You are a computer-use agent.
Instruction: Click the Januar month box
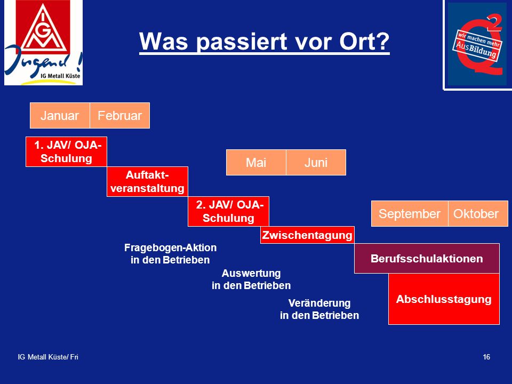pos(60,116)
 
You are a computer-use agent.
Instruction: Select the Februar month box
pos(120,116)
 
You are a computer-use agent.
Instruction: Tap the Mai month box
pos(256,162)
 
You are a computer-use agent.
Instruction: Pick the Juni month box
pos(316,162)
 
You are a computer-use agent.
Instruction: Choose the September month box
pos(410,213)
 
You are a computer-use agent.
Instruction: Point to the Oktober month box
pos(478,213)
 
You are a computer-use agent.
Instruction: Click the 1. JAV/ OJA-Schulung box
pos(66,152)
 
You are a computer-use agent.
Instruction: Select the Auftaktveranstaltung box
pos(147,181)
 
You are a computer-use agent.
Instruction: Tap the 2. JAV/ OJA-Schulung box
pos(229,211)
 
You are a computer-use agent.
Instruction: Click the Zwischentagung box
pos(307,235)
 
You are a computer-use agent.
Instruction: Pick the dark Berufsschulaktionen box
pos(427,258)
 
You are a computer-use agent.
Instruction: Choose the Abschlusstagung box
pos(444,299)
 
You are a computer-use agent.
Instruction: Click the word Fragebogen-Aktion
pos(171,247)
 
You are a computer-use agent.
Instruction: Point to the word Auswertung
pos(251,273)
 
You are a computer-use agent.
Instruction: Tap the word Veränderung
pos(319,303)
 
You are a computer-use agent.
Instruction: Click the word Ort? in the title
pos(364,42)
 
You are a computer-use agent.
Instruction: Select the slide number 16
pos(486,357)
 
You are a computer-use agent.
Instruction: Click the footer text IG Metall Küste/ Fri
pos(48,357)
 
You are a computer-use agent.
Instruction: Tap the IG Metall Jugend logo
pos(43,43)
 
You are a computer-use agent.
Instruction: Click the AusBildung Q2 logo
pos(477,44)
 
